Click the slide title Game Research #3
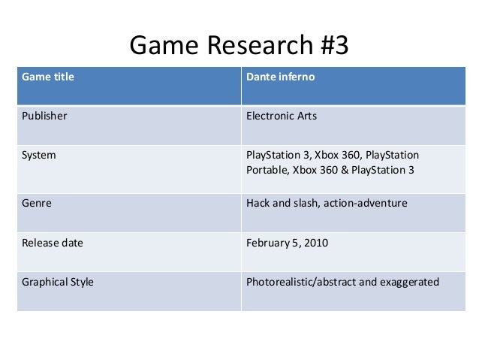239,47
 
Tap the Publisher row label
44,116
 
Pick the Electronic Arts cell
281,116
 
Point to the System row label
39,156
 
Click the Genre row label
37,202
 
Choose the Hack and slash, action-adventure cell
327,202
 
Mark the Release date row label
53,243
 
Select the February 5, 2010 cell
287,243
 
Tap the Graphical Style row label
58,283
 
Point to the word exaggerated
412,283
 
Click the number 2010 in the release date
315,243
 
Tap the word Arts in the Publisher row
306,116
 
